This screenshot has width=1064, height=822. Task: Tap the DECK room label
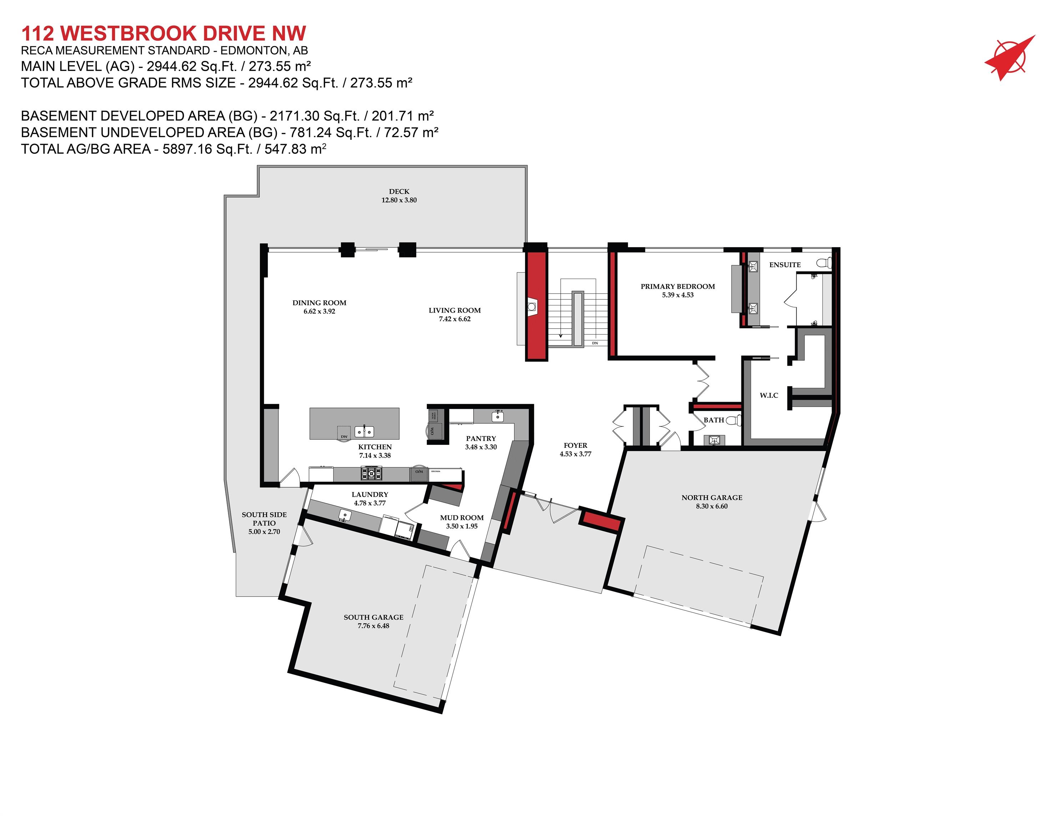coord(399,191)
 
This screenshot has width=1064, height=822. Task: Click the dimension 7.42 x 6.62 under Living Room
coord(454,319)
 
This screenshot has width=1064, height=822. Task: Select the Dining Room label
coord(319,303)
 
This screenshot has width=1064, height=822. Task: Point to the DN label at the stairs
coord(595,343)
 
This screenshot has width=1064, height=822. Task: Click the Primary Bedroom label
coord(677,286)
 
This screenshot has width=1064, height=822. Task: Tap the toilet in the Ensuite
coord(824,263)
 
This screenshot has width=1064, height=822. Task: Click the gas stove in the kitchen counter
coord(371,472)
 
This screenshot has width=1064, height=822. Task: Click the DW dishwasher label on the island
coord(344,436)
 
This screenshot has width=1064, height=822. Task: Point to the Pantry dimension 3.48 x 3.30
coord(480,447)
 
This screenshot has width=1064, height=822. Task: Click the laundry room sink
coord(344,515)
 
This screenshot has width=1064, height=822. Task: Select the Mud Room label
coord(462,518)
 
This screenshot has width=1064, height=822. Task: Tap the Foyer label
coord(575,445)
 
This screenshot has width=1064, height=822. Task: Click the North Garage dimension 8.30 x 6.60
coord(711,506)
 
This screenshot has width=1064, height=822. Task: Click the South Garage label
coord(373,617)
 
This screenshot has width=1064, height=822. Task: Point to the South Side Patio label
coord(264,519)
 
